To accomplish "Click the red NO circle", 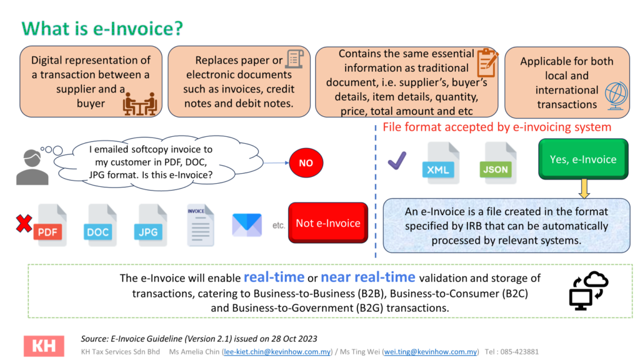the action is (306, 163).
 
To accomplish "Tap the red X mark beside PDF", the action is (24, 223).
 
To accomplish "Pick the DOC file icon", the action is (101, 225).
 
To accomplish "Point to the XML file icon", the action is (441, 163).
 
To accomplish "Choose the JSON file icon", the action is (498, 163).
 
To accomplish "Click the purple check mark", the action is (397, 161).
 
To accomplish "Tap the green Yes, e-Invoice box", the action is (583, 159).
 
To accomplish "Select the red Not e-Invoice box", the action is (328, 223).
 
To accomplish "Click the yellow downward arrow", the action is (584, 189).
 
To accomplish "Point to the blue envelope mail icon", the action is (247, 225).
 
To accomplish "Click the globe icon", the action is (616, 96).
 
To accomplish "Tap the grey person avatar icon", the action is (32, 167).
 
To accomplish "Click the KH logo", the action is (44, 346).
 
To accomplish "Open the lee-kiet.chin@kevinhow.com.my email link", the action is (277, 352).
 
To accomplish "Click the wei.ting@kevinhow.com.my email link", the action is (431, 352).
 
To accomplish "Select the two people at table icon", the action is (140, 104).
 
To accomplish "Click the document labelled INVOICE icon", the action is (201, 225).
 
